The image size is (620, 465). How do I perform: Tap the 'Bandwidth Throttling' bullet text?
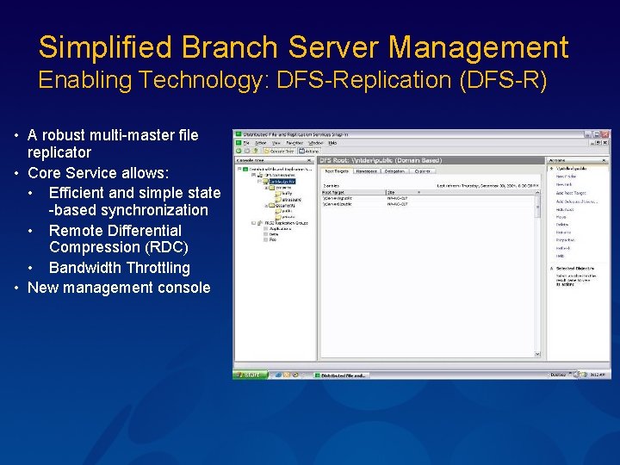[x=119, y=268]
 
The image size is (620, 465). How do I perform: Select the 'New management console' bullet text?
[x=119, y=288]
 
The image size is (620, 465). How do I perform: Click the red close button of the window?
[x=606, y=135]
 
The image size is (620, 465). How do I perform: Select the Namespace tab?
[x=366, y=171]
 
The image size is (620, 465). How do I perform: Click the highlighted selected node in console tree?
[x=281, y=182]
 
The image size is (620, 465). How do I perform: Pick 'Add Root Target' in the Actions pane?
[x=568, y=195]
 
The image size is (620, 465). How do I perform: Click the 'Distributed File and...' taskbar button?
[x=342, y=375]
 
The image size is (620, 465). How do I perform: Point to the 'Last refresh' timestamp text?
[x=487, y=184]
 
